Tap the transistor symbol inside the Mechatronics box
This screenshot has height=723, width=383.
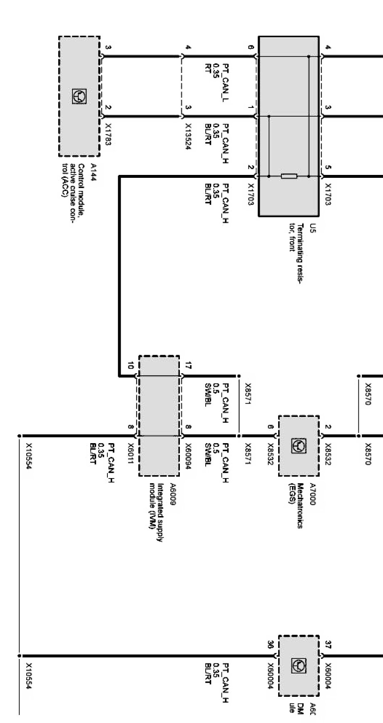(x=299, y=446)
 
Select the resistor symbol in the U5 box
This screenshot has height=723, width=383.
(x=289, y=176)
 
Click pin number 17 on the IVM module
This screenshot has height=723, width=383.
(x=188, y=366)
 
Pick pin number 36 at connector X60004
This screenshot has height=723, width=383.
(x=271, y=645)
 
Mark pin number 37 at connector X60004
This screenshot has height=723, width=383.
(x=328, y=645)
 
